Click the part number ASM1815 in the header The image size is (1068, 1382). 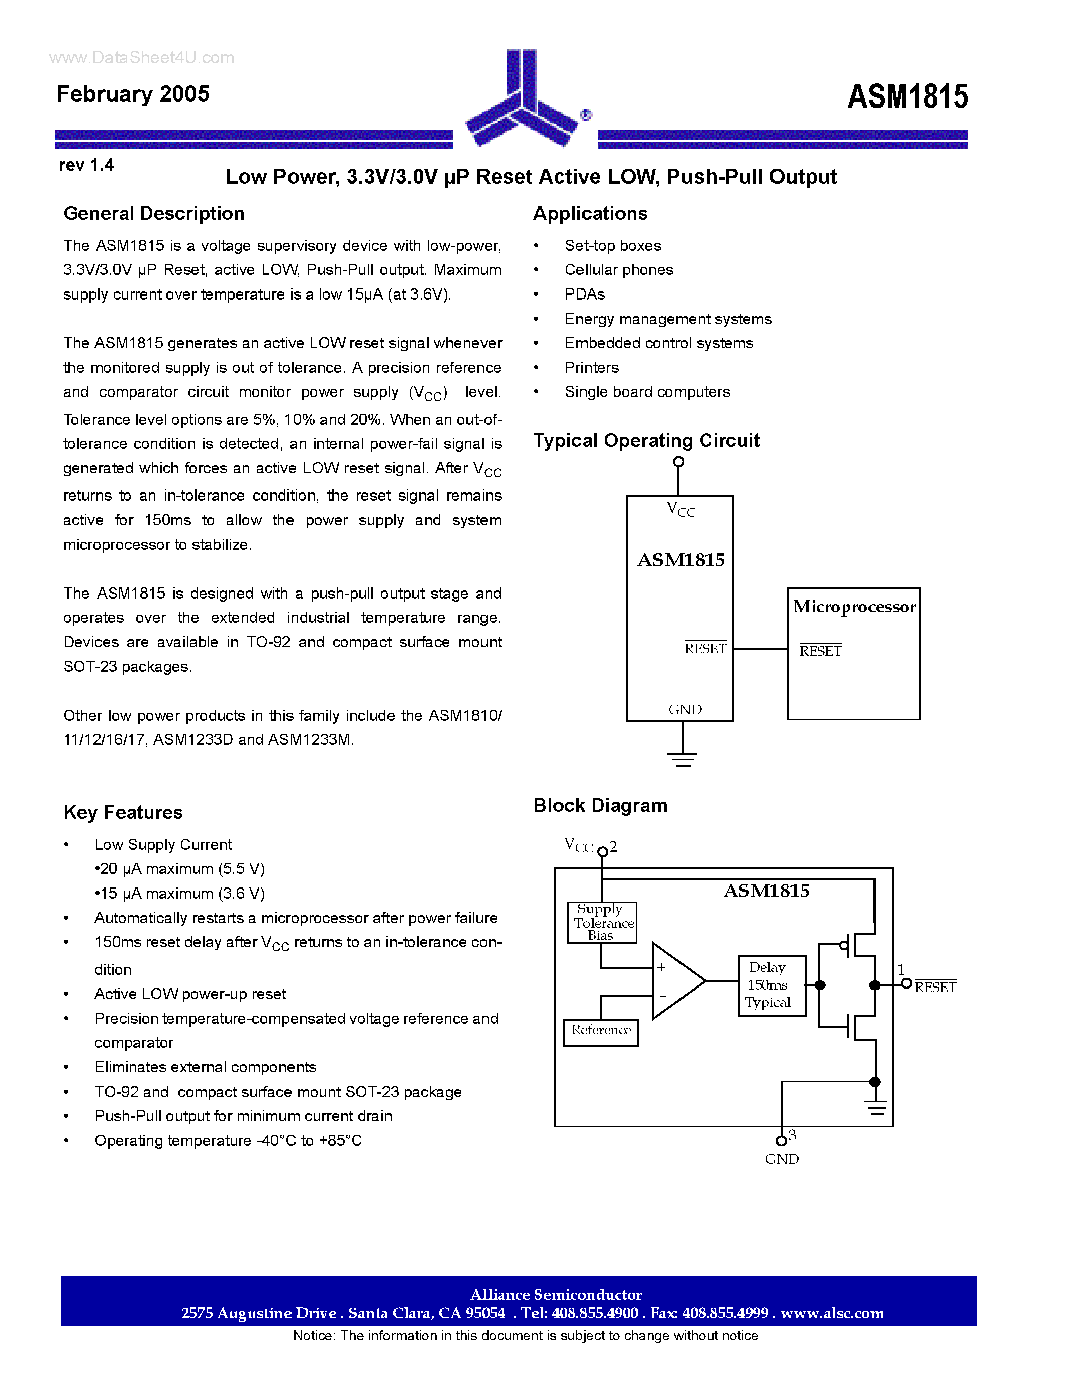click(x=907, y=97)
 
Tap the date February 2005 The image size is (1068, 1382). click(x=133, y=93)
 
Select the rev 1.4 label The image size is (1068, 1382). click(x=86, y=165)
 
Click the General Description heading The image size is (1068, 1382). click(x=154, y=213)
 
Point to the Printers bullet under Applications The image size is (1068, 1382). click(x=592, y=368)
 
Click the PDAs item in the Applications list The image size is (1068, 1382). click(x=585, y=294)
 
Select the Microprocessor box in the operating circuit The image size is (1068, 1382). click(x=853, y=654)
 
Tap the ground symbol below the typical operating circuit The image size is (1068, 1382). click(x=682, y=759)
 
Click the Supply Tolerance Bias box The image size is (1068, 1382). click(x=602, y=923)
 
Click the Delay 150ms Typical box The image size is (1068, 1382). click(x=772, y=985)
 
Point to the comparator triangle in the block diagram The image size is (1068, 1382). click(x=674, y=981)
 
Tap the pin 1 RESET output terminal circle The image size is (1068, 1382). click(x=906, y=984)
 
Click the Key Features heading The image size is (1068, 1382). click(x=123, y=812)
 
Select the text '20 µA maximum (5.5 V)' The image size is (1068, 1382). click(x=180, y=869)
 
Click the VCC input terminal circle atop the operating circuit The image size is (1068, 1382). click(x=678, y=462)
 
